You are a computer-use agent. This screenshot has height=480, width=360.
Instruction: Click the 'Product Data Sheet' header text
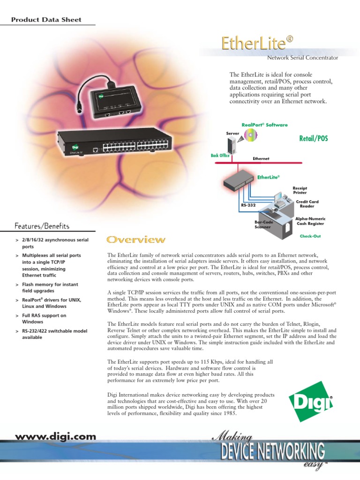coord(46,20)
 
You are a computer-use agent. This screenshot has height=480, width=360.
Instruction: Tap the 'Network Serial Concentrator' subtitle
coord(302,58)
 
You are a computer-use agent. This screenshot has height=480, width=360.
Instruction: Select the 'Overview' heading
coord(136,240)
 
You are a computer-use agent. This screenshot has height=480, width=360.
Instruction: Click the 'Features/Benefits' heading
coord(42,226)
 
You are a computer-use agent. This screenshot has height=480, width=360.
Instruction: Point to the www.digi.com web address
coord(55,436)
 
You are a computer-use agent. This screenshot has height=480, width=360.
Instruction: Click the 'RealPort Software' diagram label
coord(264,125)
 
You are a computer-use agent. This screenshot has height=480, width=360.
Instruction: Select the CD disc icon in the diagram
coord(251,136)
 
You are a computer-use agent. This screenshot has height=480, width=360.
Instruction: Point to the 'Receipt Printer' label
coord(300,190)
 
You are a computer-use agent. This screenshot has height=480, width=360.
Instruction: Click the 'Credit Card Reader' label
coord(307,204)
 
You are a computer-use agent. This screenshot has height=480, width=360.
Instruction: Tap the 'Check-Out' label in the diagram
coord(310,236)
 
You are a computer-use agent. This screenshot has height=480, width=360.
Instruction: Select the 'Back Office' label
coord(220,155)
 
